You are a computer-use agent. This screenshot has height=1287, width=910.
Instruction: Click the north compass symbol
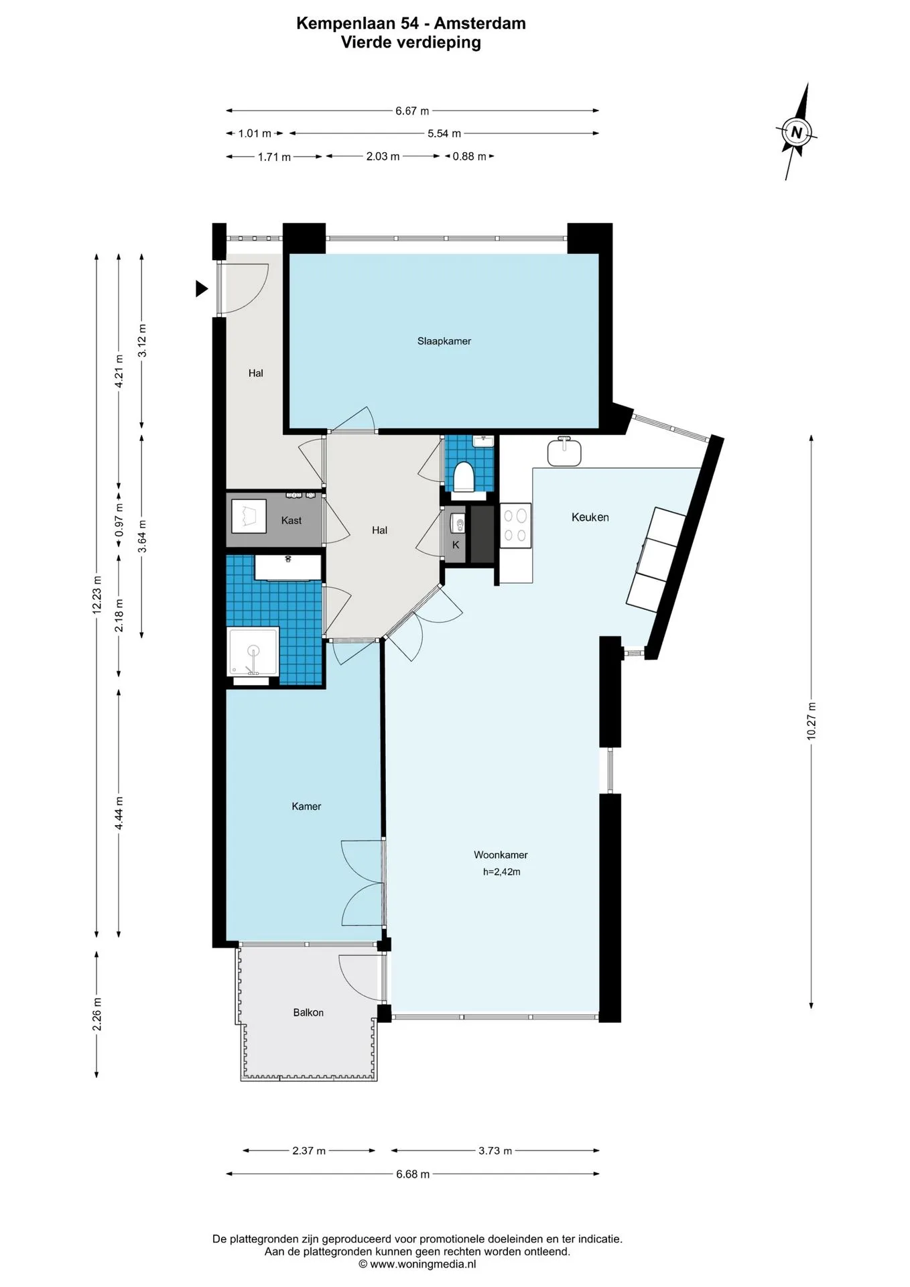click(x=797, y=132)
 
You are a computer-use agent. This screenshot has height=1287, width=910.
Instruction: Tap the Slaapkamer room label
click(x=444, y=341)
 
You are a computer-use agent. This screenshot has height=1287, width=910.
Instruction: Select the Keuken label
click(x=590, y=517)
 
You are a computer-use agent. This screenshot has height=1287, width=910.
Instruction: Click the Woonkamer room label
click(x=501, y=855)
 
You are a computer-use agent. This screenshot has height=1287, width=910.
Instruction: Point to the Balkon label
click(x=308, y=1012)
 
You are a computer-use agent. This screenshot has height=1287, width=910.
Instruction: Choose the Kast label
click(x=291, y=520)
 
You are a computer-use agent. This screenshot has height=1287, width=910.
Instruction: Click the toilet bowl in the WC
click(x=464, y=477)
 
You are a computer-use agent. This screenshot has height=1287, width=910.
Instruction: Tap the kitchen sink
click(x=564, y=451)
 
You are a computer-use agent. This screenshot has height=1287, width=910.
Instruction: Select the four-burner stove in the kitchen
click(x=516, y=525)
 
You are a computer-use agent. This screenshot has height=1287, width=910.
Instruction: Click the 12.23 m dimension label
click(x=97, y=595)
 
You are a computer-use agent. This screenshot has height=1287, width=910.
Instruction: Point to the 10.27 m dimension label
click(x=811, y=721)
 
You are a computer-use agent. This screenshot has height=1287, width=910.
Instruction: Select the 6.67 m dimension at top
click(x=412, y=111)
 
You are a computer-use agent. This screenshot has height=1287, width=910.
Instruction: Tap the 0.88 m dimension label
click(x=469, y=156)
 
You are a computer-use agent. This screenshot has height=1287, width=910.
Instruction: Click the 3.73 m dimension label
click(x=495, y=1150)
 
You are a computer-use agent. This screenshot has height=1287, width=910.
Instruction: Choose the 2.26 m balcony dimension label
click(x=97, y=1014)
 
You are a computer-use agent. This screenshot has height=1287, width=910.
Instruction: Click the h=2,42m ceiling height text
click(x=501, y=871)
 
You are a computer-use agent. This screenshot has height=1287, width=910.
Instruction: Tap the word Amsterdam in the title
click(x=480, y=23)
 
